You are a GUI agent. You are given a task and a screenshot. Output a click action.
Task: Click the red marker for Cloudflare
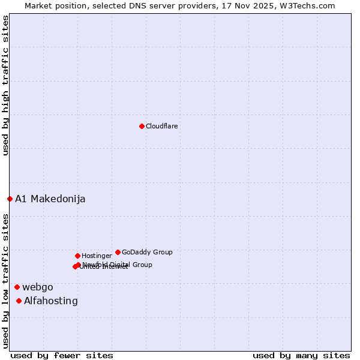pos(142,126)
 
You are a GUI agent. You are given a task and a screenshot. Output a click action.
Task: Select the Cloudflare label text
pos(162,127)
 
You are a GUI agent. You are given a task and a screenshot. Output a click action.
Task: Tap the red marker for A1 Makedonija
pos(10,199)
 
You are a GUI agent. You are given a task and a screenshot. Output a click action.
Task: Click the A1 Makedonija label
pos(50,199)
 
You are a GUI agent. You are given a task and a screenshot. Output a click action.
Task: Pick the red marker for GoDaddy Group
pos(118,252)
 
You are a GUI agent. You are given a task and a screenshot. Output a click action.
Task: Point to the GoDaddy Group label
pos(147,253)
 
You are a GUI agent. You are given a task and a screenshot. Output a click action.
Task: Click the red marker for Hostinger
pos(77,256)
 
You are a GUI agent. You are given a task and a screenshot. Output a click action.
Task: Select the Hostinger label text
pos(97,256)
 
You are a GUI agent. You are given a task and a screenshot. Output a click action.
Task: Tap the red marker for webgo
pos(17,287)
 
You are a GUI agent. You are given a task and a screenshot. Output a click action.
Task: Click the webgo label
pos(38,287)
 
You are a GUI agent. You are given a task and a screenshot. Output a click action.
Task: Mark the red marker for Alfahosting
pos(19,301)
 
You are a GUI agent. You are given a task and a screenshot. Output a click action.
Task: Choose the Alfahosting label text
pos(51,301)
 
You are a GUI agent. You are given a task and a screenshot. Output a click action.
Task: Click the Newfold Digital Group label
pos(118,265)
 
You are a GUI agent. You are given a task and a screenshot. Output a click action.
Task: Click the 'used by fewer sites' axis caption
pos(62,355)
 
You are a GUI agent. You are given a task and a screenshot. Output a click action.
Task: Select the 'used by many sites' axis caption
pos(301,355)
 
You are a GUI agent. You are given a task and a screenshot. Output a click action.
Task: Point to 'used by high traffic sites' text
pos(5,86)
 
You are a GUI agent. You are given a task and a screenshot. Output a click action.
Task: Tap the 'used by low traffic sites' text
pos(5,280)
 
